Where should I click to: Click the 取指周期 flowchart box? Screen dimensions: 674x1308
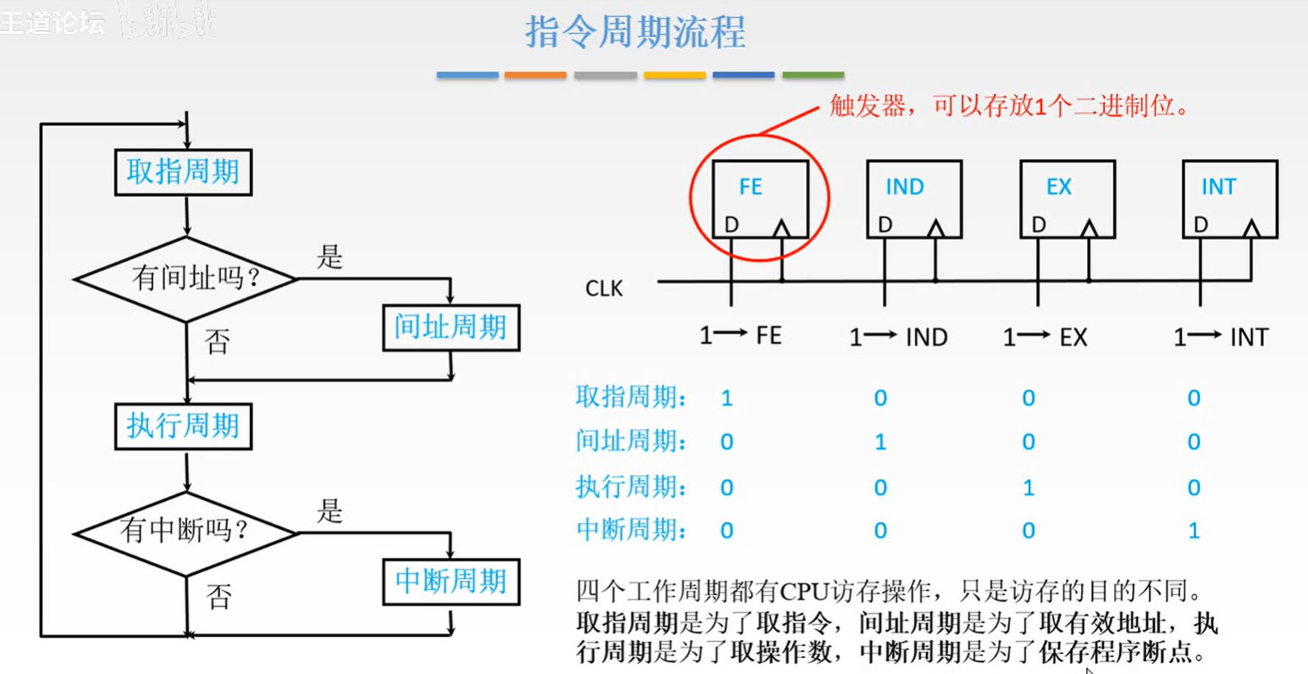[183, 172]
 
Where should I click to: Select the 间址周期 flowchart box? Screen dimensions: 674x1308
[451, 327]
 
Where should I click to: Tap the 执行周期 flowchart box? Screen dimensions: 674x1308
[183, 426]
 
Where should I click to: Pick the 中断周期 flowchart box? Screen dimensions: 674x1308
[451, 582]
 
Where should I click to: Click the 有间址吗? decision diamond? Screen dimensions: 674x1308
[186, 278]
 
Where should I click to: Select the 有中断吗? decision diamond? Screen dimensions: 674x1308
[186, 532]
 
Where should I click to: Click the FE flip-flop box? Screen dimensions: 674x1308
[760, 198]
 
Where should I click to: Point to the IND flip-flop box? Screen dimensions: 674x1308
[914, 198]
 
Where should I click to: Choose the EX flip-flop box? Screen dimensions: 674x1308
[1067, 198]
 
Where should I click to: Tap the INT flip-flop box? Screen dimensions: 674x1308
[1229, 198]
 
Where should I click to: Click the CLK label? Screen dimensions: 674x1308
[604, 289]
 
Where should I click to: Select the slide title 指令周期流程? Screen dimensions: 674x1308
[635, 32]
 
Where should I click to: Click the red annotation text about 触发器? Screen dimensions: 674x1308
[1009, 106]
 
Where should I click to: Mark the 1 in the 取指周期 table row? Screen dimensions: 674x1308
[726, 398]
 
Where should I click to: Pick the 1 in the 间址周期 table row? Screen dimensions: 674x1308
[880, 442]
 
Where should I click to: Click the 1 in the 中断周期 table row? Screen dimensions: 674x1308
[1194, 532]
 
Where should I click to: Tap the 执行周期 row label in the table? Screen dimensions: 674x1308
[631, 487]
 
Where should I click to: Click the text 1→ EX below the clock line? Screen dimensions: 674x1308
[1045, 337]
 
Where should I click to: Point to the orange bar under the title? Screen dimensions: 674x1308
[535, 75]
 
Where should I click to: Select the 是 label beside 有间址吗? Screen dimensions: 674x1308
[330, 257]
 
